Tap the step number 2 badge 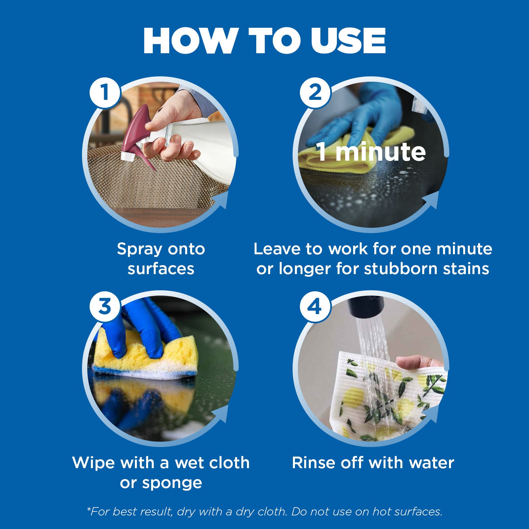coord(315,92)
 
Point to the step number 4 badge coord(315,306)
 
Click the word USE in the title coord(348,41)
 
